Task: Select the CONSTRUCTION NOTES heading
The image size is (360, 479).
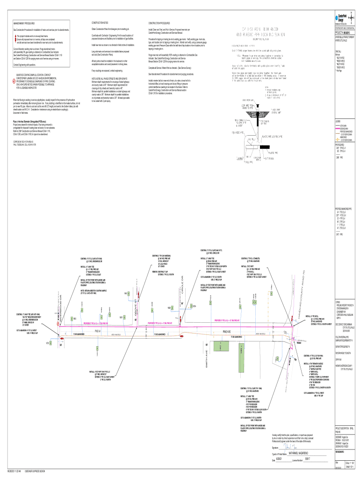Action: (x=99, y=22)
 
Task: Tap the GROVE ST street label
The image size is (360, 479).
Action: (x=137, y=297)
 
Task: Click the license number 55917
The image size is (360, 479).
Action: (x=307, y=460)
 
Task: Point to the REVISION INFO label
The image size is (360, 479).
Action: (x=340, y=452)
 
